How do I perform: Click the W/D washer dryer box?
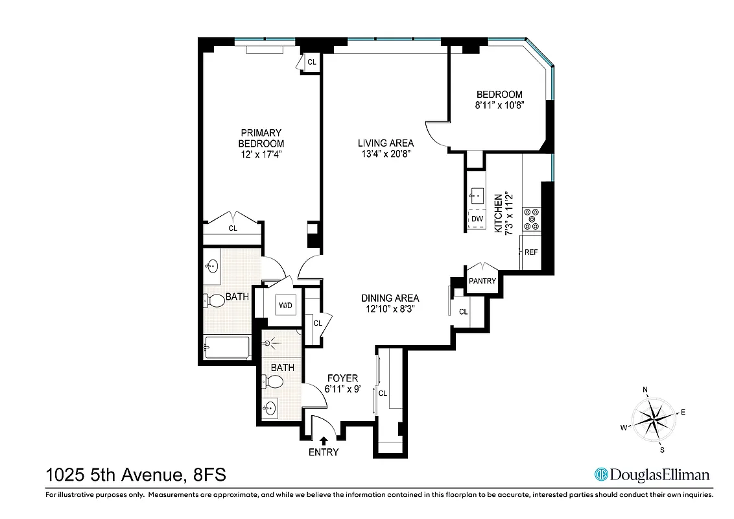(285, 304)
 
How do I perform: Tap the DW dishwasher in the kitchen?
(477, 219)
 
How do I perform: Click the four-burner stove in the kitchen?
(532, 219)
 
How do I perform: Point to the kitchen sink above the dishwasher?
(477, 194)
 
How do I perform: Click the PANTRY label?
(482, 281)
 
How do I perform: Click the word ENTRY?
(324, 452)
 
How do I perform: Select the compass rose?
(653, 418)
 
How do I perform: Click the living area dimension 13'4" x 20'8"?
(386, 154)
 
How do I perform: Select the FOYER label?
(342, 378)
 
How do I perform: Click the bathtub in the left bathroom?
(227, 349)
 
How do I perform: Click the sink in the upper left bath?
(212, 266)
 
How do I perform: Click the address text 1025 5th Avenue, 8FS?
(136, 476)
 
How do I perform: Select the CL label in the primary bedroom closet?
(233, 228)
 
